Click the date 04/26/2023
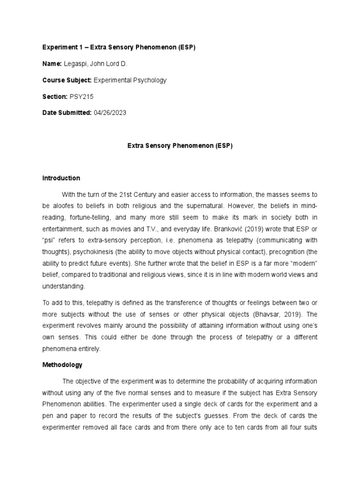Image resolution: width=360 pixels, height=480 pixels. tap(110, 113)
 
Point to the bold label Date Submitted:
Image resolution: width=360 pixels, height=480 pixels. tap(67, 113)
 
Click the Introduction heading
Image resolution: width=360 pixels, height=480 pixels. tap(61, 178)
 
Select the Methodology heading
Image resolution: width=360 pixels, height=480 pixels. tap(62, 364)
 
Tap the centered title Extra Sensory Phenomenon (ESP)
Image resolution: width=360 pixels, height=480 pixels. tap(180, 146)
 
